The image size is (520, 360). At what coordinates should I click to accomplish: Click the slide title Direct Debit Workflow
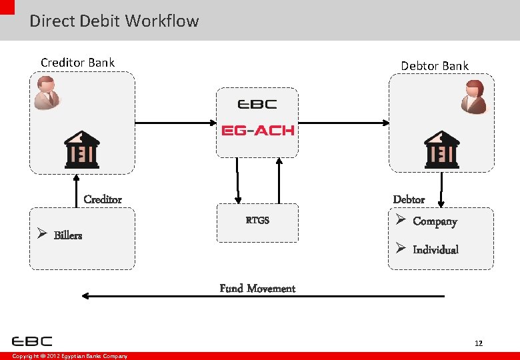pos(114,21)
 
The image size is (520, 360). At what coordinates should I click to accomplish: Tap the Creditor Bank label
pos(77,63)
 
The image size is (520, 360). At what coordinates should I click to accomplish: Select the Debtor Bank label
pos(434,66)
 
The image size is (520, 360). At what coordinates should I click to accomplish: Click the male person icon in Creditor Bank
pos(47,92)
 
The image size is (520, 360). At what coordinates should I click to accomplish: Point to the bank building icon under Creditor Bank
pos(81,149)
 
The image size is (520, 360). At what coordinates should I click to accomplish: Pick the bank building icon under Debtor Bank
pos(441,149)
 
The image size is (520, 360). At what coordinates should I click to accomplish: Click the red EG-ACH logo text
pos(257,130)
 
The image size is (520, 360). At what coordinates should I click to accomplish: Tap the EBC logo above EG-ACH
pos(257,104)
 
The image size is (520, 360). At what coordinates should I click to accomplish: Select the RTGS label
pos(257,220)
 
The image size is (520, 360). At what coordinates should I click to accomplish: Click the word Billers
pos(67,235)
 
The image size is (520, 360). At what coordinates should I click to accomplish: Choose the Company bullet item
pos(434,221)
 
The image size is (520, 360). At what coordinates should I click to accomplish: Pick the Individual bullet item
pos(435,249)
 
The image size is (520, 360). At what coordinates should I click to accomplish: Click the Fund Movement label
pos(257,288)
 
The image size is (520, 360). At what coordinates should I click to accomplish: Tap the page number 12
pos(478,343)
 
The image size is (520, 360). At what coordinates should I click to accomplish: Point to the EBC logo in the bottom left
pos(32,341)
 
